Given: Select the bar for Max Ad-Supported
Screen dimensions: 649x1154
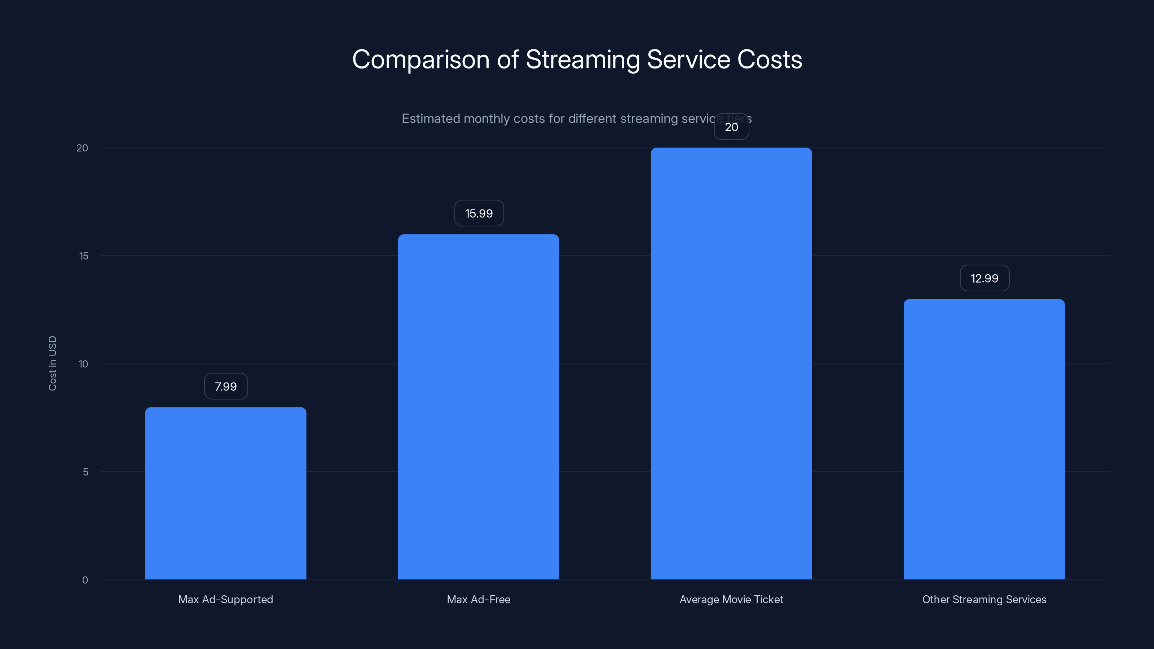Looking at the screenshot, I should point(225,493).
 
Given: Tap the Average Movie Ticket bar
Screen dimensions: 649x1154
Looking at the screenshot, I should point(731,363).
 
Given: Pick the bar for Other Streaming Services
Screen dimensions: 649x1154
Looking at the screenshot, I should point(984,439).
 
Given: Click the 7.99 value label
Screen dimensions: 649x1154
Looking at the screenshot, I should point(226,386).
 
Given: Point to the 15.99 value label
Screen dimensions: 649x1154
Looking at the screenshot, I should point(479,213).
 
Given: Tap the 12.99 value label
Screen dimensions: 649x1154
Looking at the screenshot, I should point(984,278).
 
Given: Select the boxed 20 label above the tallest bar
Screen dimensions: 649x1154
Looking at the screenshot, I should point(731,127).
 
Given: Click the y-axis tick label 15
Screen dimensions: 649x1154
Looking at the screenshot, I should point(84,256).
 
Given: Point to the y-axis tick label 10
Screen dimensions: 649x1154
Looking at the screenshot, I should point(83,364).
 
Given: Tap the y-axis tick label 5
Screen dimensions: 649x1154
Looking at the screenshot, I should point(85,472).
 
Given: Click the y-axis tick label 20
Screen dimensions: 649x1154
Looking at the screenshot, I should point(83,148).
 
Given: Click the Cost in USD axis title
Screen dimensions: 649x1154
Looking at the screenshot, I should point(52,363).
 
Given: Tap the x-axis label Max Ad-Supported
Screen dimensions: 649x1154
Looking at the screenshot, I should point(225,599).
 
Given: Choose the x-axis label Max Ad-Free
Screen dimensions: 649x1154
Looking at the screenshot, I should point(479,599).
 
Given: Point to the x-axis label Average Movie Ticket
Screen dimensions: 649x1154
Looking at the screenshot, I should point(731,599).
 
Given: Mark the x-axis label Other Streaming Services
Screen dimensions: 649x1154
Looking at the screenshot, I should point(984,599).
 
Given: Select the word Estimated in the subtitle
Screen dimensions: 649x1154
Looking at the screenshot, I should point(430,119).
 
